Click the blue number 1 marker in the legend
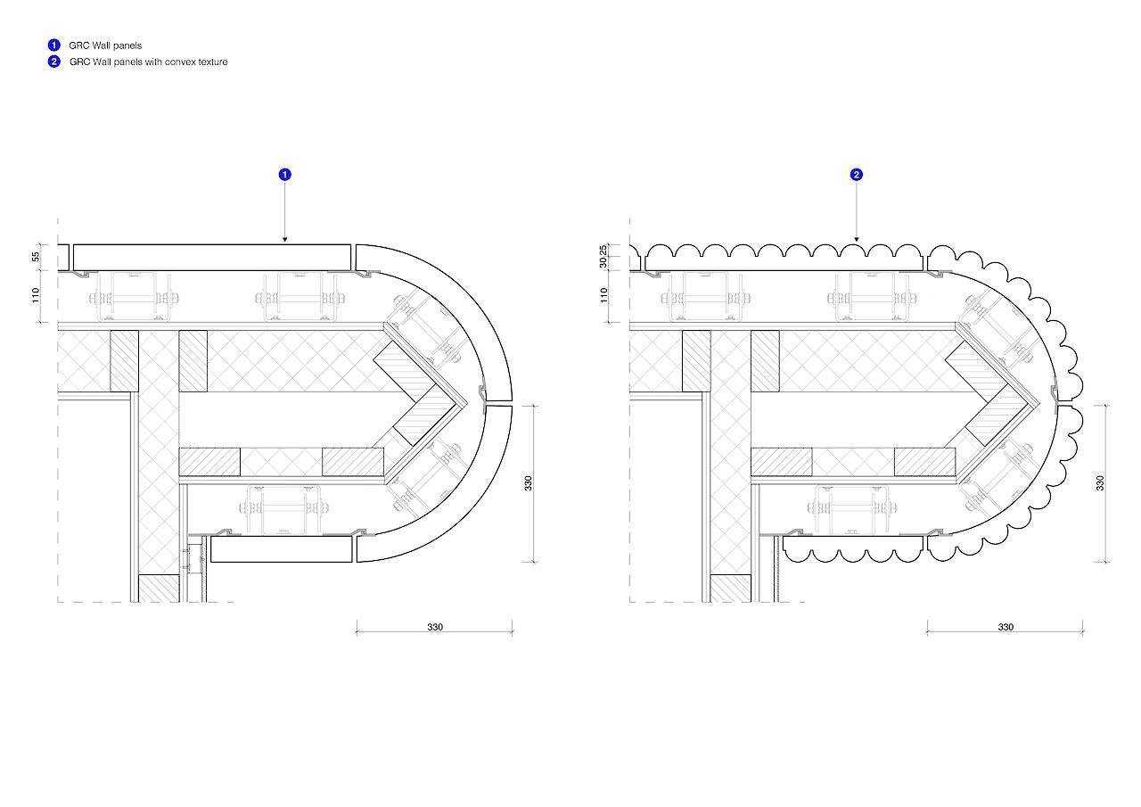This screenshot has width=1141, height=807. click(54, 45)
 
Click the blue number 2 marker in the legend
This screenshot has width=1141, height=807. click(54, 62)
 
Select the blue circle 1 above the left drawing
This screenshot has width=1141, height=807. click(284, 175)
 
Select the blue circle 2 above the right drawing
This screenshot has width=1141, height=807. click(857, 175)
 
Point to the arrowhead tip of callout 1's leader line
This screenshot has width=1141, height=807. click(284, 242)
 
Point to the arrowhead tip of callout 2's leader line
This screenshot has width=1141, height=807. click(857, 242)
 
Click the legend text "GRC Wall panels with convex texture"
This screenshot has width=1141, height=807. click(148, 62)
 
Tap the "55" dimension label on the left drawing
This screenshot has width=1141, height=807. click(36, 257)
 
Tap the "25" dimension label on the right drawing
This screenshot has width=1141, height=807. click(603, 251)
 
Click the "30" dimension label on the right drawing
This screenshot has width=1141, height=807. click(603, 262)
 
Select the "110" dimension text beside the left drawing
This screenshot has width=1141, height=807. click(36, 295)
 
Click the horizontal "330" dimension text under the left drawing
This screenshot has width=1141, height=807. click(435, 627)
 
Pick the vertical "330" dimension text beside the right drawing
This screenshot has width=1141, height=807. click(1100, 483)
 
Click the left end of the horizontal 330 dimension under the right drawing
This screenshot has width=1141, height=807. click(927, 632)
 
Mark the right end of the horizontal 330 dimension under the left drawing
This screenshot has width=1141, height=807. click(513, 632)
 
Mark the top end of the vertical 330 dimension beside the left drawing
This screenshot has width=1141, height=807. click(533, 406)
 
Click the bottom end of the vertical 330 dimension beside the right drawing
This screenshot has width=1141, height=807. click(1105, 563)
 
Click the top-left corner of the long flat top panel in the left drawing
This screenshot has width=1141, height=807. click(74, 245)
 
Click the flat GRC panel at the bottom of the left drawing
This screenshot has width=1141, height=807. click(282, 549)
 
